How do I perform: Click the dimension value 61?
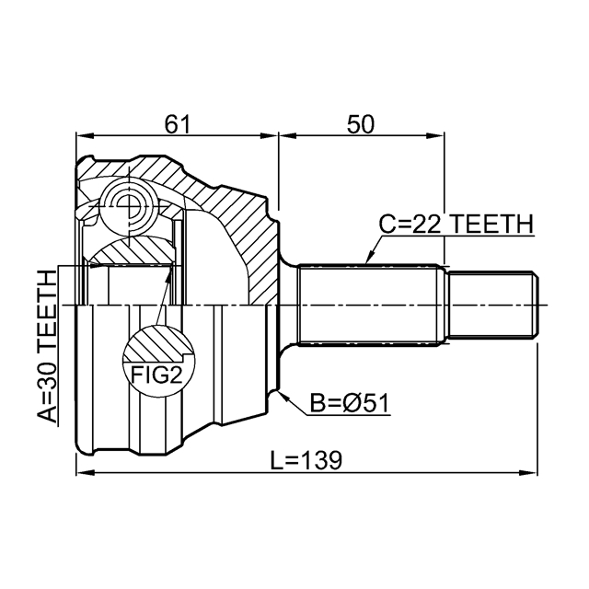click(x=178, y=124)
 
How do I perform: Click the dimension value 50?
click(x=361, y=124)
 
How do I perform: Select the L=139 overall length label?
click(x=306, y=460)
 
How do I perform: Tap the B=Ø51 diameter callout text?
click(x=350, y=403)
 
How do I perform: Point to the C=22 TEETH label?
click(x=456, y=225)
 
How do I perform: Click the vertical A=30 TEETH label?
click(x=47, y=346)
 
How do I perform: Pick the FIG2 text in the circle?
click(x=156, y=375)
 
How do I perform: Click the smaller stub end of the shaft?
click(x=493, y=305)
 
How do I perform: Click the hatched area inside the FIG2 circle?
click(x=156, y=343)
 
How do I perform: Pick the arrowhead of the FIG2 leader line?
click(x=169, y=272)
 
